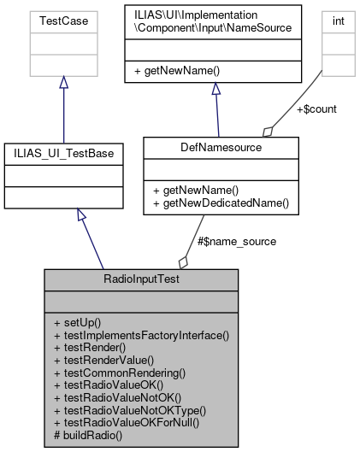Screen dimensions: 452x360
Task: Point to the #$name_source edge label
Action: (237, 242)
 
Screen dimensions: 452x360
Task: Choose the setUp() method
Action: (77, 323)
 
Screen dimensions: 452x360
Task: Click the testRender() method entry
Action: (89, 349)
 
